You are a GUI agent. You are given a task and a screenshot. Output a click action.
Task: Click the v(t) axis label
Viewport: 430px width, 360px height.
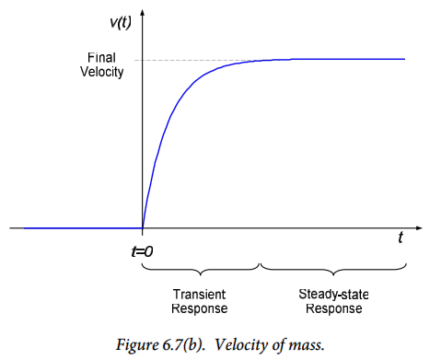tap(121, 23)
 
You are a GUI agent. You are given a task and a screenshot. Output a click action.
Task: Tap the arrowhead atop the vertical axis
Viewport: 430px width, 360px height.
tap(142, 13)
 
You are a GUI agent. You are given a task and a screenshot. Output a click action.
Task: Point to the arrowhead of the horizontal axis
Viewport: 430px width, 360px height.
tap(419, 228)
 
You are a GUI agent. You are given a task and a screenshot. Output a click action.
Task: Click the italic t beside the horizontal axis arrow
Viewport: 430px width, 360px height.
tap(401, 238)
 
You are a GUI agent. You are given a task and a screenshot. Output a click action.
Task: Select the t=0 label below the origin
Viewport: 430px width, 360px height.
tap(142, 251)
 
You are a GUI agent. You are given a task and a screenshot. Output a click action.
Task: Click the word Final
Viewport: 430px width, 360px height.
tap(101, 58)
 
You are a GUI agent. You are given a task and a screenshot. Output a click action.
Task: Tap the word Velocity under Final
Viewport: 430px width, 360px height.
tap(102, 72)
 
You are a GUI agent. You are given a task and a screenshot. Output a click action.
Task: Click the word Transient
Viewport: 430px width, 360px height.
tap(200, 295)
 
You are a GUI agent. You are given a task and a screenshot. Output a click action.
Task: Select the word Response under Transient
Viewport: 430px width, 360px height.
tap(200, 308)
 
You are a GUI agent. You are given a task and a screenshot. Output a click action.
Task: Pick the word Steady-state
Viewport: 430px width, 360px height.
tap(333, 295)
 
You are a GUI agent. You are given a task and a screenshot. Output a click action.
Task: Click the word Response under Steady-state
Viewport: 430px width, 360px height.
tap(334, 308)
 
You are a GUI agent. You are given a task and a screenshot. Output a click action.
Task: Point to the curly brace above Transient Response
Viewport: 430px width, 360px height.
tap(201, 271)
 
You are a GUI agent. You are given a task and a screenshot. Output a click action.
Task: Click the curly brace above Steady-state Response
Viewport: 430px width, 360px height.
tap(333, 271)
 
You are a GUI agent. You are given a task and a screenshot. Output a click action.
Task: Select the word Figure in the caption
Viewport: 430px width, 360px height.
tap(137, 345)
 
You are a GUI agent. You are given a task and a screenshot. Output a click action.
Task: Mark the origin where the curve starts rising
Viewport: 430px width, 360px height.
tap(143, 228)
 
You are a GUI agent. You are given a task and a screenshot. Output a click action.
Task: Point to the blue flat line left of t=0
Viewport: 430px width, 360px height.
tap(83, 228)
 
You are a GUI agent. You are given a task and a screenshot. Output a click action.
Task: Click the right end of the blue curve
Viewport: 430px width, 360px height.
tap(405, 59)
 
